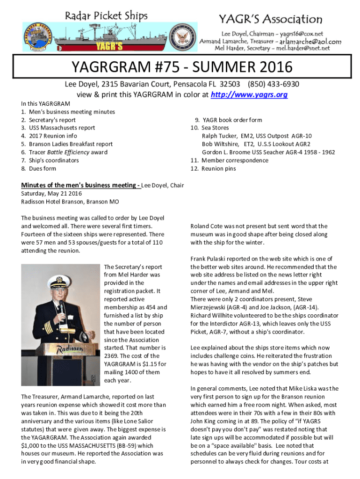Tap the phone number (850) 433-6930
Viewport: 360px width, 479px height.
(x=274, y=84)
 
